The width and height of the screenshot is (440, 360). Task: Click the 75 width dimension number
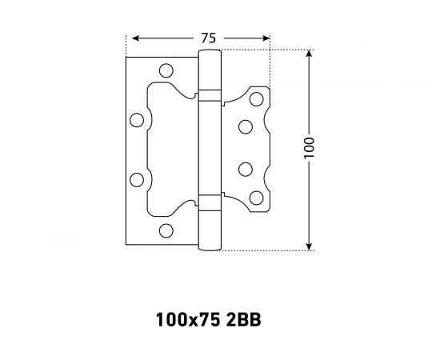[x=209, y=38]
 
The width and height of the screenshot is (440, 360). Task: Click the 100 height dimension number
[x=309, y=148]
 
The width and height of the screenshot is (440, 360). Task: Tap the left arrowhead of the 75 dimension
[x=136, y=38]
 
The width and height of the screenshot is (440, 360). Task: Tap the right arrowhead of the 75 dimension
[x=265, y=38]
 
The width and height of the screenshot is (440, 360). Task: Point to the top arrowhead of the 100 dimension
[x=309, y=54]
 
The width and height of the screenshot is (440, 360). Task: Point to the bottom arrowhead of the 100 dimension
[x=309, y=246]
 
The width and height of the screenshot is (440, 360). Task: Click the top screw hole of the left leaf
[x=166, y=70]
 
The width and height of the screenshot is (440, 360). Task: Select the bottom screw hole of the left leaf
[x=166, y=230]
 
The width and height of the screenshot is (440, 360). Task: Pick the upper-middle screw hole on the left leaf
[x=137, y=120]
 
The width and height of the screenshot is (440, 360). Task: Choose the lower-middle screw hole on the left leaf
[x=137, y=180]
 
